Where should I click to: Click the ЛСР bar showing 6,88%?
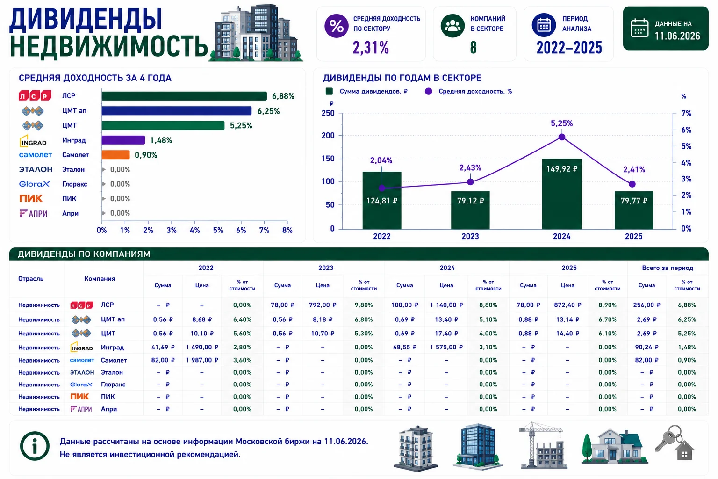[184, 96]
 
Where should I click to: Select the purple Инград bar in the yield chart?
[123, 140]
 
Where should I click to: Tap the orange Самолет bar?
[116, 155]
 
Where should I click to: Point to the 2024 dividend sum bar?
[561, 194]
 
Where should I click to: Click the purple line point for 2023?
[470, 182]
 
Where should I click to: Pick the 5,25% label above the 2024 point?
[561, 123]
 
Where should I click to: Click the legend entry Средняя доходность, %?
[468, 91]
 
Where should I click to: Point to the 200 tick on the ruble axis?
[328, 135]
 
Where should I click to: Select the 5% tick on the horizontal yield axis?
[218, 230]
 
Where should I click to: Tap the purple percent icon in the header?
[336, 26]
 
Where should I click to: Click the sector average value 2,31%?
[371, 48]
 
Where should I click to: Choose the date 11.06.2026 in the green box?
[677, 36]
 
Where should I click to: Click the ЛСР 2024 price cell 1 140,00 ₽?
[446, 305]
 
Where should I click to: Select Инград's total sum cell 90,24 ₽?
[646, 347]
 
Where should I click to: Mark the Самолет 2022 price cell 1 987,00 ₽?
[202, 360]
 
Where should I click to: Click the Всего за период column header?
[668, 268]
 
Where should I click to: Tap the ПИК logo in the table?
[79, 397]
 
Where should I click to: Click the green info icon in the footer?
[35, 446]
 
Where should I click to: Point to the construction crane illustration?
[542, 445]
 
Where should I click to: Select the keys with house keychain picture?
[675, 443]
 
